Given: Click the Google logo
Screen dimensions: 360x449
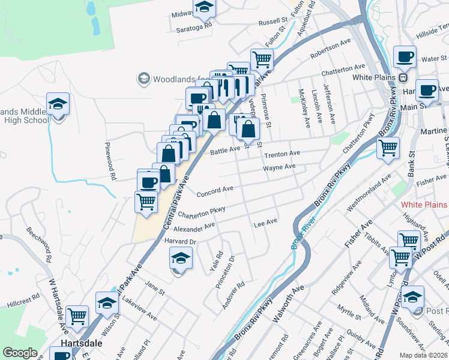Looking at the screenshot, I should coord(20,353).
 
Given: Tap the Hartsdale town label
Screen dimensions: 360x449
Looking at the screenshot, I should coord(81,344).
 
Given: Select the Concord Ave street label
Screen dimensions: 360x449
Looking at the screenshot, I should coord(215,191).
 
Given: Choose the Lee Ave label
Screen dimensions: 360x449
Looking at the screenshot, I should coord(265,223).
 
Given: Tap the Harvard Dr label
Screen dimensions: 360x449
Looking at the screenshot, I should coord(180,241).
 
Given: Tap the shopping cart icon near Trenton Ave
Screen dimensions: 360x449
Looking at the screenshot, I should coord(388,146).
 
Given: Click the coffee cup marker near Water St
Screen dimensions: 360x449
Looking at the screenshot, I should coord(405,57).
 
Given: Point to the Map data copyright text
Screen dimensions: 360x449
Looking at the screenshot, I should coord(424,355).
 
